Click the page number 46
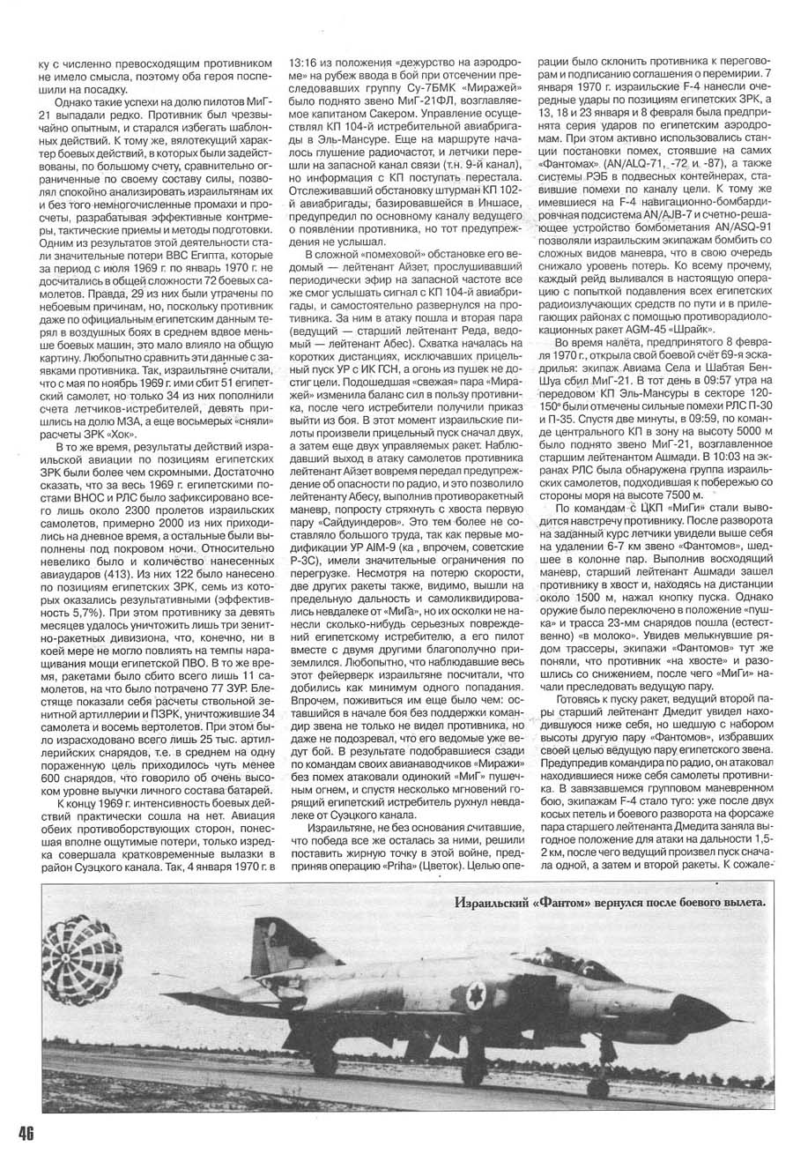coord(21,1133)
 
